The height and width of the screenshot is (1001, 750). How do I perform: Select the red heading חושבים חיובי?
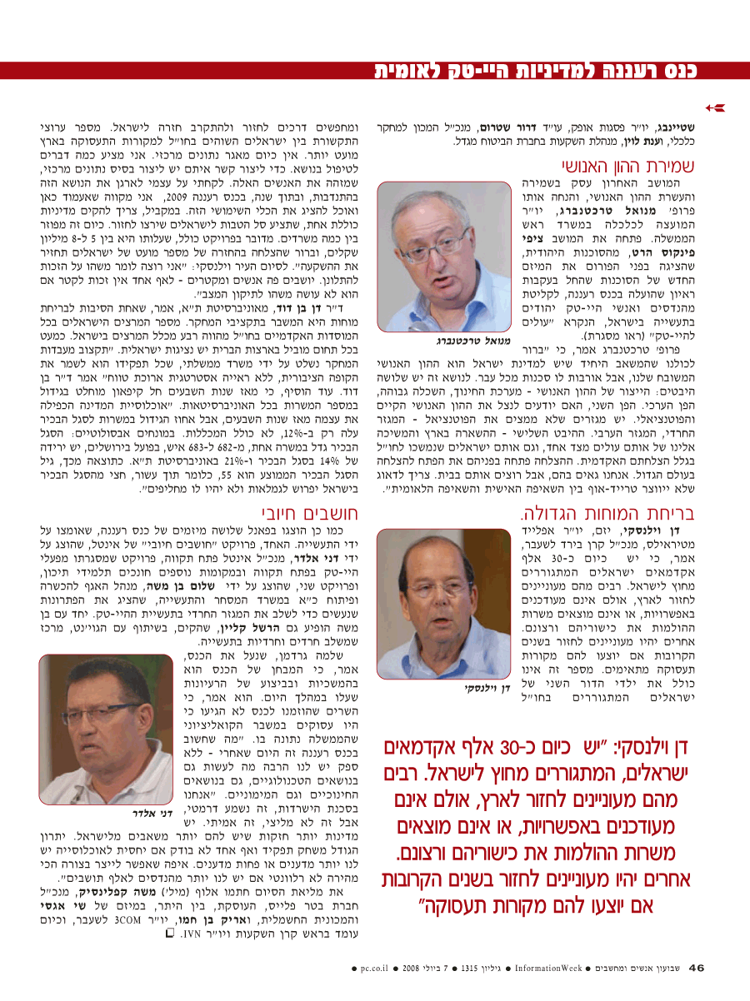(304, 511)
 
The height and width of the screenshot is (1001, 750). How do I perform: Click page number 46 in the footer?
(697, 968)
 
